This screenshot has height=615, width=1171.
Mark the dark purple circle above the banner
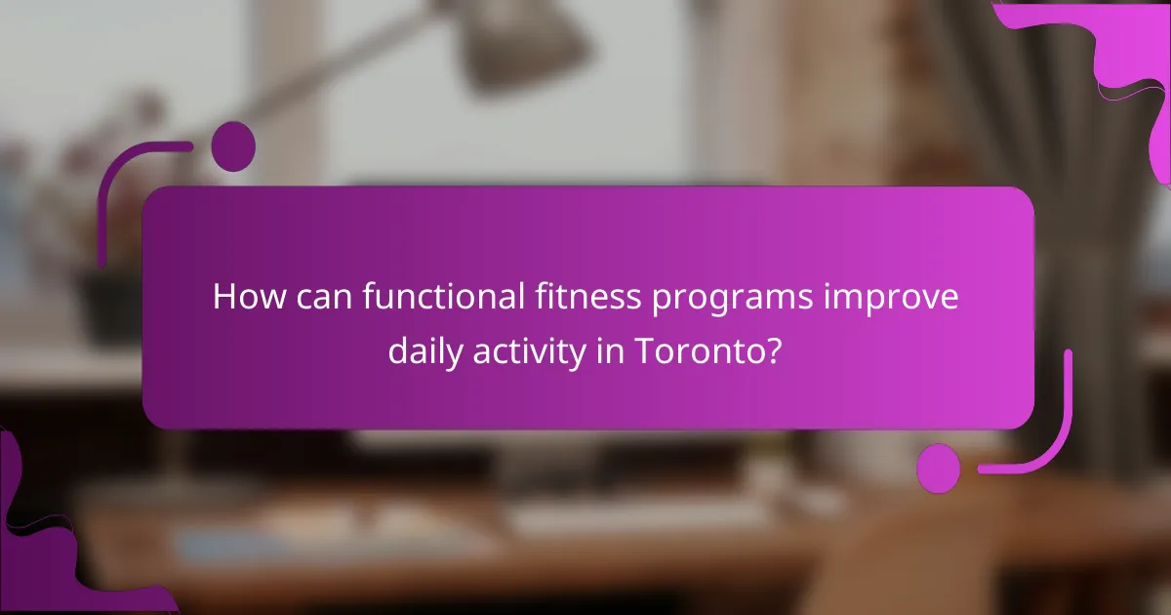[x=233, y=147]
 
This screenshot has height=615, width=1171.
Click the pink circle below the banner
[x=939, y=470]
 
